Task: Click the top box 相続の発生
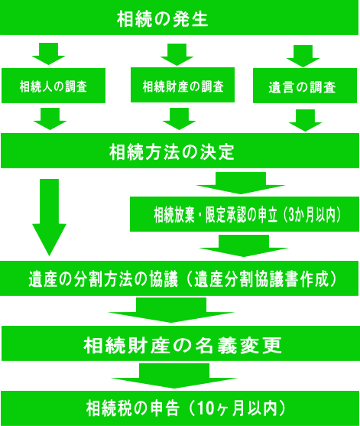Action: pyautogui.click(x=179, y=18)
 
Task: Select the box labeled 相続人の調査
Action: pyautogui.click(x=54, y=86)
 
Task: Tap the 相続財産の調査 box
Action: pyautogui.click(x=183, y=85)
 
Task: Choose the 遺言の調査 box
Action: pyautogui.click(x=305, y=86)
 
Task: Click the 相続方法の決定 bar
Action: pyautogui.click(x=180, y=151)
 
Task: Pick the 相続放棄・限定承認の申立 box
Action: pyautogui.click(x=245, y=214)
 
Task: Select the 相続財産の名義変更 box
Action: pyautogui.click(x=181, y=343)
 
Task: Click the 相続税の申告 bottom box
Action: pyautogui.click(x=180, y=408)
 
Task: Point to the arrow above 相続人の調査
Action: pyautogui.click(x=49, y=54)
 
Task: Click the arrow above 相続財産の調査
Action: pyautogui.click(x=177, y=54)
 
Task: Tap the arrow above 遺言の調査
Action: pyautogui.click(x=303, y=57)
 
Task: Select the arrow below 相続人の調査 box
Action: pyautogui.click(x=50, y=119)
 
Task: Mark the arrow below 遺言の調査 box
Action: pyautogui.click(x=306, y=121)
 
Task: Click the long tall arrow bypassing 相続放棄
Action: pyautogui.click(x=49, y=217)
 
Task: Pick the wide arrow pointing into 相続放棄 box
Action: pyautogui.click(x=241, y=183)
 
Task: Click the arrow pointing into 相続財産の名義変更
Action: pyautogui.click(x=171, y=311)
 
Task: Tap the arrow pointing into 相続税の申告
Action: pyautogui.click(x=174, y=376)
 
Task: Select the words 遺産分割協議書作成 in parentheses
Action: pyautogui.click(x=261, y=279)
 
